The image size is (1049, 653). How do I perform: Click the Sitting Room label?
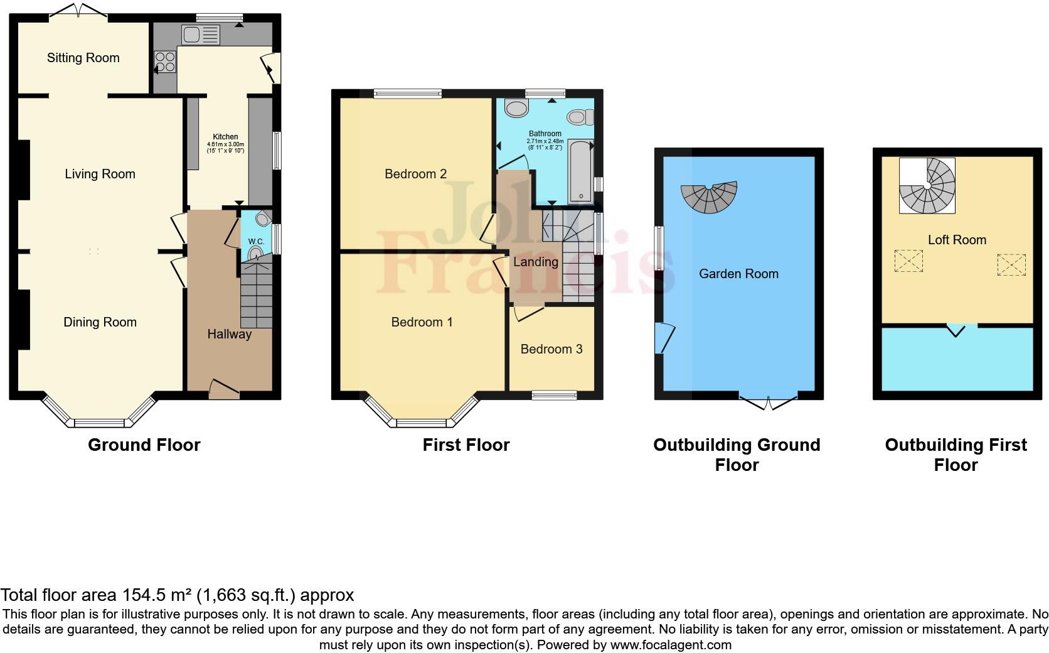pos(83,58)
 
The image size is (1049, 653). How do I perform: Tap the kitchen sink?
pos(200,34)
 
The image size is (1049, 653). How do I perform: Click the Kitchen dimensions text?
pos(225,148)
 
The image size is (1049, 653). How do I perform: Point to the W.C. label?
pos(256,242)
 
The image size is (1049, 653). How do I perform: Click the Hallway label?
pos(230,334)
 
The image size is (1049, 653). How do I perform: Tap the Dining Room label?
pos(100,322)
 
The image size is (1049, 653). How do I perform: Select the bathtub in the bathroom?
pos(581,172)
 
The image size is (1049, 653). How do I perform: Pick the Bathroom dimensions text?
pos(545,144)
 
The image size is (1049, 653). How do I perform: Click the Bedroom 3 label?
pos(551,349)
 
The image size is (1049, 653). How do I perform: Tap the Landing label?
pos(535,262)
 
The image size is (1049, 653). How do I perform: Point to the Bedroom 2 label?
pos(415,174)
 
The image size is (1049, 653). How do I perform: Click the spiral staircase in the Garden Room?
pos(710,197)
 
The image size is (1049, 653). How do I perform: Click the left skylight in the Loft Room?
pos(908,261)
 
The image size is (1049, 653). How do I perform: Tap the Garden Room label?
pos(738,274)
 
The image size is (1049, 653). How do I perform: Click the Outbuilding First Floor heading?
pos(956,455)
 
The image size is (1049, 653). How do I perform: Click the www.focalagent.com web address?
pos(670,645)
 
